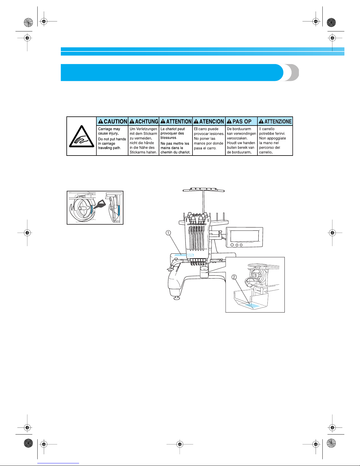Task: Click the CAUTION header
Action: tap(113, 121)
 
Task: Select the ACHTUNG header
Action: tap(144, 121)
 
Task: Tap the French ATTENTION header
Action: tap(176, 121)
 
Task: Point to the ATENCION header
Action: tap(209, 121)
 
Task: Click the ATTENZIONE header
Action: tap(275, 121)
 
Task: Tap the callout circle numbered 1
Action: tap(168, 233)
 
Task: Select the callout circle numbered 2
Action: tap(234, 277)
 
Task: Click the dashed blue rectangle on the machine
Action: tap(190, 255)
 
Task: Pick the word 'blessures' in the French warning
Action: tap(168, 138)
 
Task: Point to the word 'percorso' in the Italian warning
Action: tap(266, 148)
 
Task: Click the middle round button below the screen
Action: tap(237, 245)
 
